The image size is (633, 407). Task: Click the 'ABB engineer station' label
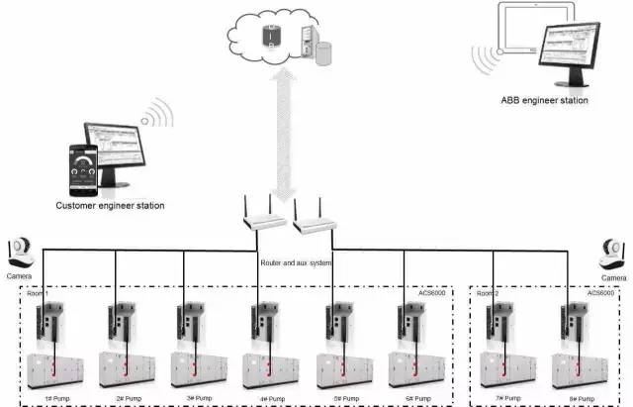pyautogui.click(x=545, y=100)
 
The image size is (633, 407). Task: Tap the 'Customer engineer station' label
pyautogui.click(x=110, y=205)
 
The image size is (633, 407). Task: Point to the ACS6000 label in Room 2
pyautogui.click(x=601, y=293)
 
